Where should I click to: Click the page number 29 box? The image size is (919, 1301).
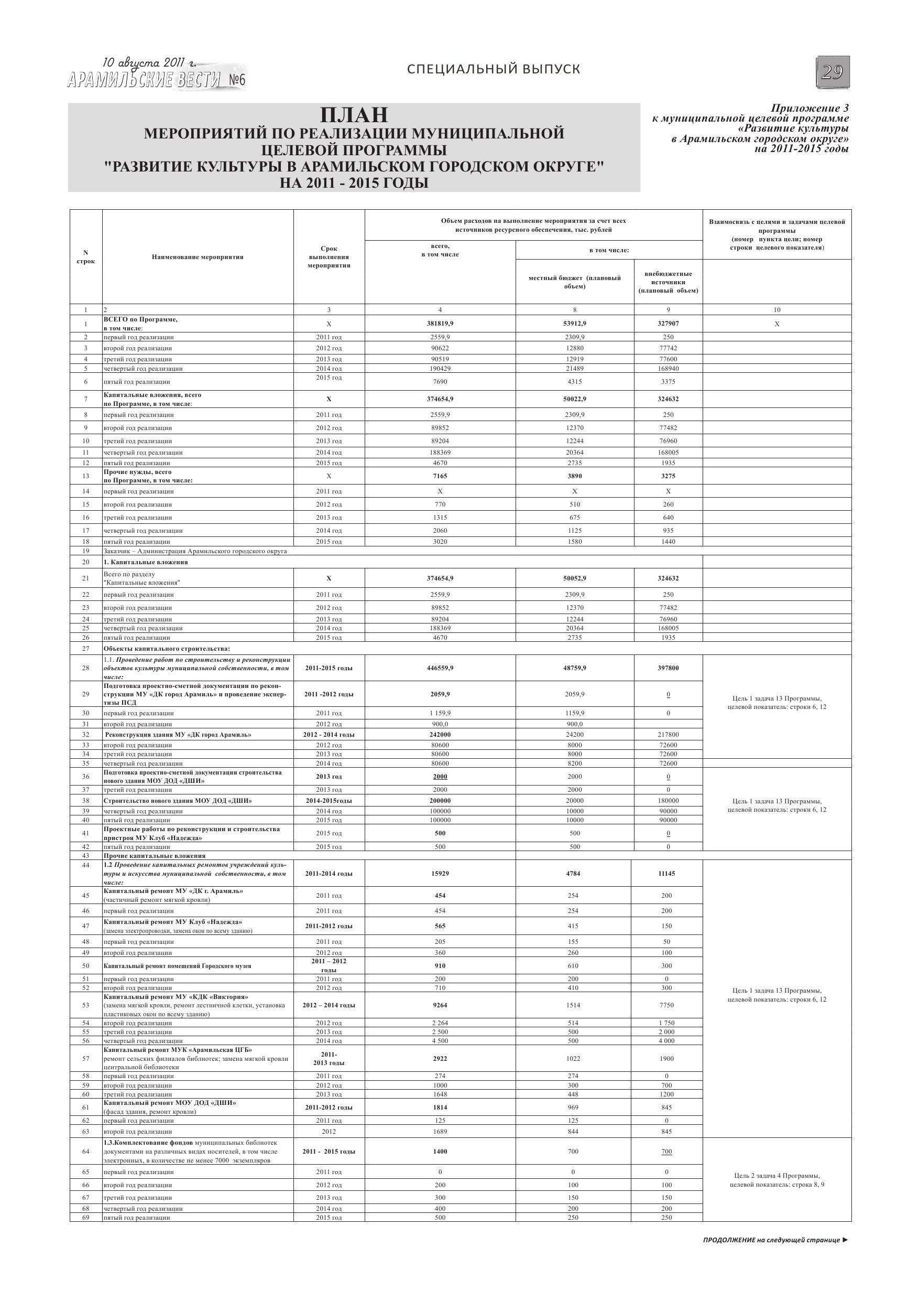point(833,72)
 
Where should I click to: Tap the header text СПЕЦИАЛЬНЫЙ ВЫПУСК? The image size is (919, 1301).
point(493,69)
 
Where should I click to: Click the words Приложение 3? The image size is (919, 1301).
point(809,108)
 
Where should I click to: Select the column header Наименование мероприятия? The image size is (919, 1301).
point(198,257)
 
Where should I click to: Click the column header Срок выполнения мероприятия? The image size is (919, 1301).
point(329,257)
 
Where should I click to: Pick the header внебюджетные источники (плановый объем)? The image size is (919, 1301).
point(668,282)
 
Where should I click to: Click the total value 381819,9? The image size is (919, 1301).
point(440,324)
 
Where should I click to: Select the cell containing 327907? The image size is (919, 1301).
point(668,324)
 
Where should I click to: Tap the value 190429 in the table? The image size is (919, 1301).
point(440,368)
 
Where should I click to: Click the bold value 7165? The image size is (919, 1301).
point(440,476)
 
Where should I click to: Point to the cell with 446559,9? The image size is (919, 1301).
point(440,668)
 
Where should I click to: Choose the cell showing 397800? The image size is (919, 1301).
point(668,668)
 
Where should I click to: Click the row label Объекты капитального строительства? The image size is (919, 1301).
point(167,649)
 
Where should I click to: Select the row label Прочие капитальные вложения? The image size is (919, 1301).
point(154,856)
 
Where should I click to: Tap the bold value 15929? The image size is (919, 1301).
point(440,874)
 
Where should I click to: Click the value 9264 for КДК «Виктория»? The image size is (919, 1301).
point(440,1005)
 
